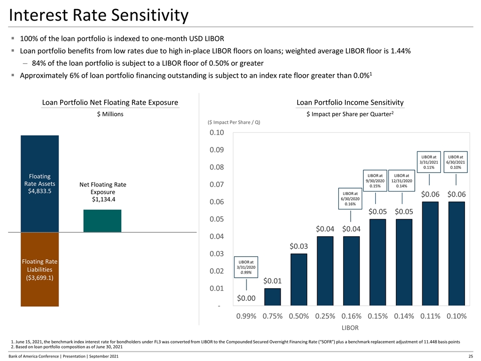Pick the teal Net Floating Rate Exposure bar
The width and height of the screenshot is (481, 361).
coord(102,221)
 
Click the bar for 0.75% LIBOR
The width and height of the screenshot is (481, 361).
coord(273,297)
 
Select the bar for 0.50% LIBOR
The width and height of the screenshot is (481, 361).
coord(299,279)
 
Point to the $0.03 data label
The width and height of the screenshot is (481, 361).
coord(299,246)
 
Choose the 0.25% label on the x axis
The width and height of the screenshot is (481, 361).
coord(325,316)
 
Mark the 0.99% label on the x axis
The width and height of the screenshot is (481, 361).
coord(246,316)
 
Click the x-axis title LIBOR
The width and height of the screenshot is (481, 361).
coord(351,328)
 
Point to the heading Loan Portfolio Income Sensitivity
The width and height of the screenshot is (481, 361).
coord(350,103)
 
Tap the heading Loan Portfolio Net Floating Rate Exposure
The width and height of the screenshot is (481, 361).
coord(110,103)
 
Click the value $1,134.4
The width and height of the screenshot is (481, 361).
coord(102,201)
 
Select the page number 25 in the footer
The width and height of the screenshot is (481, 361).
coord(470,355)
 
